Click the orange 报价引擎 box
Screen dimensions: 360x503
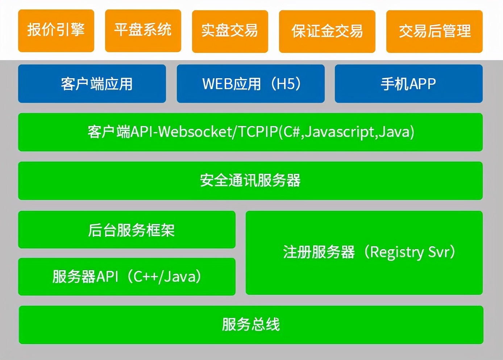click(x=56, y=30)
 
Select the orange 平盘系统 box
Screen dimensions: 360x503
click(x=143, y=30)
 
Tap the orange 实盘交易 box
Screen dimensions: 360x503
click(x=230, y=31)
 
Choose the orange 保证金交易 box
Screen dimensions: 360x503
click(x=327, y=31)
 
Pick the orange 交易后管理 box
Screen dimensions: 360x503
click(x=434, y=31)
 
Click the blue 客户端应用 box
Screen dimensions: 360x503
click(x=92, y=84)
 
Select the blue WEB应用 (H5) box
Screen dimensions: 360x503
click(x=250, y=84)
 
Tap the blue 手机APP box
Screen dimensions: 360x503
click(x=408, y=84)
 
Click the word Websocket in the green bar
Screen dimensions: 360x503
click(x=195, y=132)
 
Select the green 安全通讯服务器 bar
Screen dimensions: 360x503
click(x=250, y=180)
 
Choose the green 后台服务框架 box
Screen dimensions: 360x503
click(x=127, y=230)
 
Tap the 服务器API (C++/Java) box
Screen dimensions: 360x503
click(x=127, y=277)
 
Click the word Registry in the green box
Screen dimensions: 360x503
click(x=397, y=252)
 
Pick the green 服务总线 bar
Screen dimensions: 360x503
click(x=251, y=325)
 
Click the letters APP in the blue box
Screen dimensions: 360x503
click(x=423, y=84)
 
